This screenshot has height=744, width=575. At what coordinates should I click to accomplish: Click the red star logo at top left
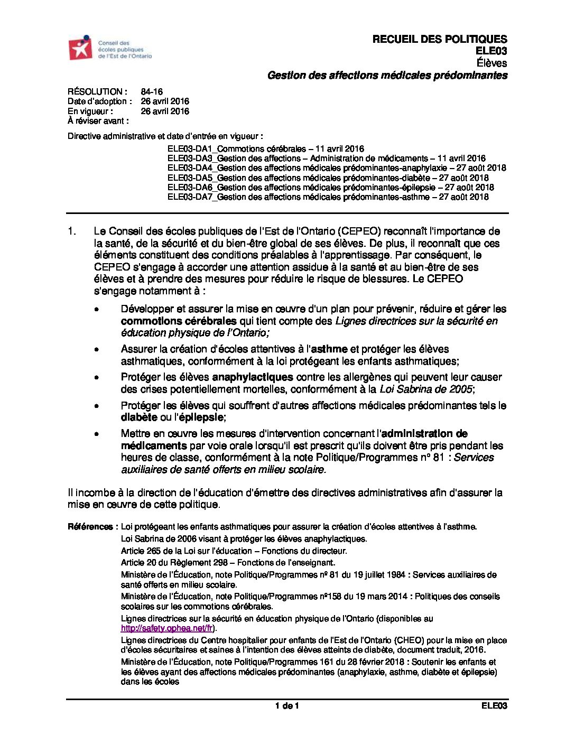[x=80, y=49]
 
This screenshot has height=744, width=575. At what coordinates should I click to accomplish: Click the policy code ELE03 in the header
[x=491, y=51]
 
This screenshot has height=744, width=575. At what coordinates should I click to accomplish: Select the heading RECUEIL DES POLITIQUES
[x=439, y=39]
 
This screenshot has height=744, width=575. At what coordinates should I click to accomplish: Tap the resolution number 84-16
[x=152, y=91]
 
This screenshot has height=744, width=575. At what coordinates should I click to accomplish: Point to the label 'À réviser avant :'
[x=98, y=120]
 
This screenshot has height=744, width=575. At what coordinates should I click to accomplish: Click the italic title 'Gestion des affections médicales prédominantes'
[x=387, y=75]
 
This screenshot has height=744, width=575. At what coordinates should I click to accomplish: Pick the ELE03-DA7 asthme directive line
[x=328, y=197]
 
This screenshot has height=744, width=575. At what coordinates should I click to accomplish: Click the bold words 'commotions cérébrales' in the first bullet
[x=179, y=321]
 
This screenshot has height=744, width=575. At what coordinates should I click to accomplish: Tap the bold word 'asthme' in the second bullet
[x=329, y=349]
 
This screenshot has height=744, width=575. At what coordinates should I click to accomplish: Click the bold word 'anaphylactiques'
[x=252, y=377]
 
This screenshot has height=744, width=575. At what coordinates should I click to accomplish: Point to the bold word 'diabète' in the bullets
[x=139, y=417]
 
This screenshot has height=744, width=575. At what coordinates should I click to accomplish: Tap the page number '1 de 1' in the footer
[x=287, y=705]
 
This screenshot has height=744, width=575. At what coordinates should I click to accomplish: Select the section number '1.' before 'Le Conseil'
[x=72, y=231]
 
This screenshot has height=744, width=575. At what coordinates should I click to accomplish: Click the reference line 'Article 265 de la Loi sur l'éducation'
[x=234, y=551]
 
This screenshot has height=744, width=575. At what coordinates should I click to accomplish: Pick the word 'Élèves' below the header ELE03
[x=491, y=63]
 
